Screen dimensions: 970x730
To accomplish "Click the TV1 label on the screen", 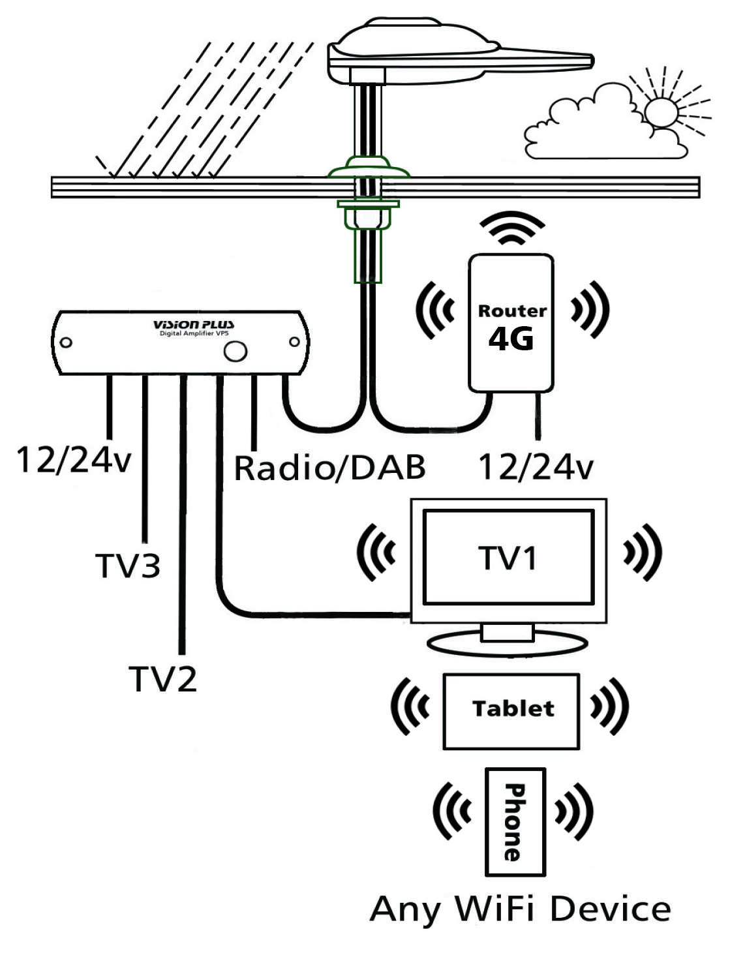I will click(x=508, y=558).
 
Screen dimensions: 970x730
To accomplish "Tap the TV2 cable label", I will click(x=162, y=679).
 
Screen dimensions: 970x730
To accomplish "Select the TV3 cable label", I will click(x=128, y=565).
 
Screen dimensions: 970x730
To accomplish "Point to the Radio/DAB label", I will click(x=329, y=468).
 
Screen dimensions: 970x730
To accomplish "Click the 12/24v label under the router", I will click(x=536, y=467).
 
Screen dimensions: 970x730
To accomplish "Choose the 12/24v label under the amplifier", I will click(x=73, y=460).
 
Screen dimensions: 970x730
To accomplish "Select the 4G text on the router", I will click(x=511, y=339).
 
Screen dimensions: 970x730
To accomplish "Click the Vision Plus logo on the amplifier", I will click(x=194, y=325).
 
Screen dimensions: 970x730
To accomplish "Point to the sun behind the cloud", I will click(x=662, y=111).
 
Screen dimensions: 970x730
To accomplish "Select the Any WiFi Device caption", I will click(x=520, y=909).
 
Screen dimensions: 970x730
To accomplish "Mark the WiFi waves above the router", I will click(x=511, y=228).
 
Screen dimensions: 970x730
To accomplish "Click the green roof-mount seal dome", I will click(x=369, y=168).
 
